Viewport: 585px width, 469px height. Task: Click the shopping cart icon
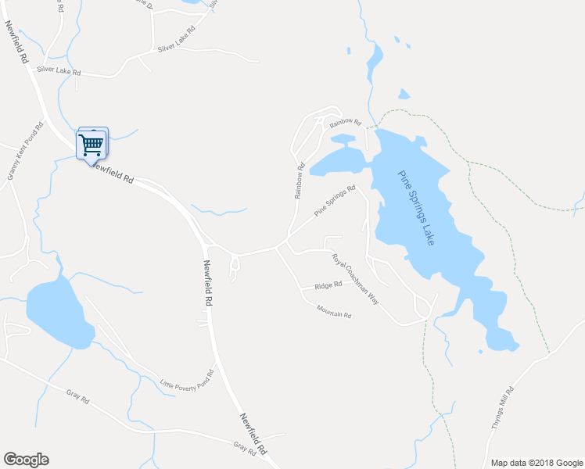tap(92, 143)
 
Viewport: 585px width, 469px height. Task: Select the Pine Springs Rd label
tap(335, 200)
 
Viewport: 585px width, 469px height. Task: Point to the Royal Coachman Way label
tap(354, 278)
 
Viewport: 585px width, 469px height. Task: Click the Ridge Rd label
tap(328, 285)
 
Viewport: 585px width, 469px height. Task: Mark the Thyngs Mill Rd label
tap(501, 406)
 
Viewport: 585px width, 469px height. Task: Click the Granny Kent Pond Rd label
tap(23, 152)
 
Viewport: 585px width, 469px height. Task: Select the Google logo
tap(26, 460)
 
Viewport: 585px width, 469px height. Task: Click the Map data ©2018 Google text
tap(535, 463)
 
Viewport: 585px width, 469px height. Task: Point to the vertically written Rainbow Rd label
tap(299, 181)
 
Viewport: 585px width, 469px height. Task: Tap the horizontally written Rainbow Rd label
tap(345, 123)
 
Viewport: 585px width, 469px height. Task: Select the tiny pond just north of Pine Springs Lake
tap(404, 95)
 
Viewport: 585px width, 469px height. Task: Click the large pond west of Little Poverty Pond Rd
tap(59, 311)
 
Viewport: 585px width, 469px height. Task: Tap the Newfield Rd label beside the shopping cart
tap(113, 172)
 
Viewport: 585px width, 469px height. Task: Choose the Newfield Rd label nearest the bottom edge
tap(253, 434)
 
